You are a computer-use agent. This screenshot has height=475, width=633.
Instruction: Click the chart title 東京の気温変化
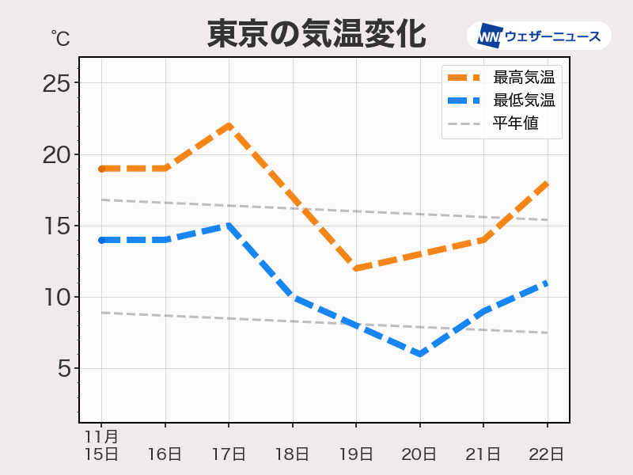[316, 34]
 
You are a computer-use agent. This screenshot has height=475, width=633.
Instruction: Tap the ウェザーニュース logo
[539, 36]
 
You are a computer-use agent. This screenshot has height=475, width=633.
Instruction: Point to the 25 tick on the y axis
[56, 83]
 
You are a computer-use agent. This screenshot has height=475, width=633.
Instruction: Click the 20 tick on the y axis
[56, 154]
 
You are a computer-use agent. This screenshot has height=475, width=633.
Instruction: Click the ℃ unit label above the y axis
[59, 37]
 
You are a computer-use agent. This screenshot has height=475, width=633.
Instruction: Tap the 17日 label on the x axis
[229, 454]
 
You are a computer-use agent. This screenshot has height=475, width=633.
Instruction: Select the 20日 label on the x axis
[419, 454]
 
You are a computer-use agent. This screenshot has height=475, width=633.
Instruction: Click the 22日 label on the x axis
[547, 454]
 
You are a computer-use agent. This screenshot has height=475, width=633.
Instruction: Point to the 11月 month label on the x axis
[101, 436]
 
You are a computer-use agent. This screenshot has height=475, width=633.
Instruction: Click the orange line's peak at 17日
[229, 125]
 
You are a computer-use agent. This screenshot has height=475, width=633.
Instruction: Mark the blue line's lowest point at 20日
[419, 354]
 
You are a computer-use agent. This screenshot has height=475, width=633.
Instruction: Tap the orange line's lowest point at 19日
[356, 268]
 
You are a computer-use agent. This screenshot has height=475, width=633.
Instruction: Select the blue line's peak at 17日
[229, 226]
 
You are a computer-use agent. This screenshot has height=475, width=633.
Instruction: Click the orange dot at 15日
[102, 169]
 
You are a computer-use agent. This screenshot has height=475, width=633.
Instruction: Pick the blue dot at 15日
[102, 240]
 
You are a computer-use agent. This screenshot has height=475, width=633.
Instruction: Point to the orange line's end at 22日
[547, 183]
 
